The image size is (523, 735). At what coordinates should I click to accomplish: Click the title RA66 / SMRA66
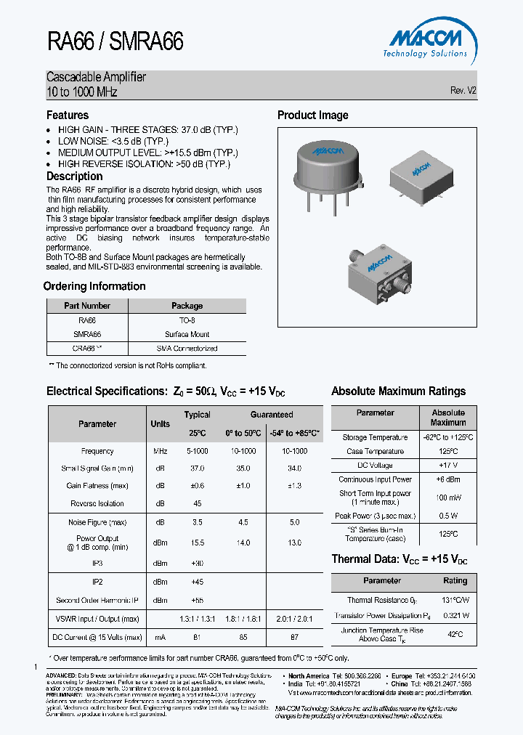115,41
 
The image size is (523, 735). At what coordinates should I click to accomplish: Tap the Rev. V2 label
463,91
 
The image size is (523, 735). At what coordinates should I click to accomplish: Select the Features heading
68,115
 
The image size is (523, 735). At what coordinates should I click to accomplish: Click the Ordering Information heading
94,286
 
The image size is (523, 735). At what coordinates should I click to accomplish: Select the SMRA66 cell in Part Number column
87,334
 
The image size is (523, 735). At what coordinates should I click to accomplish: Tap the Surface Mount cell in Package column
187,334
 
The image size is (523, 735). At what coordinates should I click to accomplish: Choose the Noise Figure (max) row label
97,521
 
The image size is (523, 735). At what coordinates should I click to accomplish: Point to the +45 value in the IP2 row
197,581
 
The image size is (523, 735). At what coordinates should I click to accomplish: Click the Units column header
160,423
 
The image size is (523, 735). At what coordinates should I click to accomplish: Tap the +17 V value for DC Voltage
448,466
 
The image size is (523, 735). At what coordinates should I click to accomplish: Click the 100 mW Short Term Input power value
448,498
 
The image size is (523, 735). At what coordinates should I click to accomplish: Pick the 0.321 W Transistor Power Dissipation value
455,615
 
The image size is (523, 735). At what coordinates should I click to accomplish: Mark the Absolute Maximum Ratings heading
398,391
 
